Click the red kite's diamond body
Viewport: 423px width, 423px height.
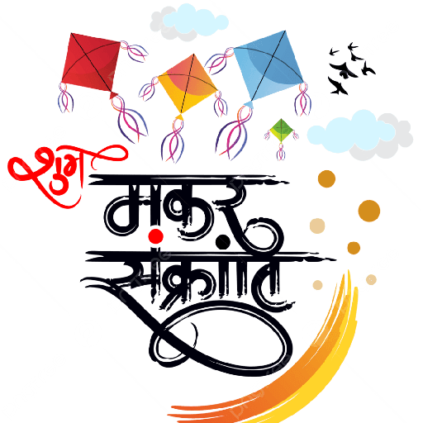(90, 64)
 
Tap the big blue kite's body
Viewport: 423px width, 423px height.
(269, 66)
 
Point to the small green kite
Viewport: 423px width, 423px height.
(281, 130)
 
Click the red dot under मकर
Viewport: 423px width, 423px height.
(156, 236)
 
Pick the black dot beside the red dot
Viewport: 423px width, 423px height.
(223, 242)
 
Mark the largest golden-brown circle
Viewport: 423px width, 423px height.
(369, 211)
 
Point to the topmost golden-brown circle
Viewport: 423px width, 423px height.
(326, 178)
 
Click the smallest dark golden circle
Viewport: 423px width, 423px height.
(354, 248)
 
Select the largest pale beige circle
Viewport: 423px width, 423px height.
(317, 226)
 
